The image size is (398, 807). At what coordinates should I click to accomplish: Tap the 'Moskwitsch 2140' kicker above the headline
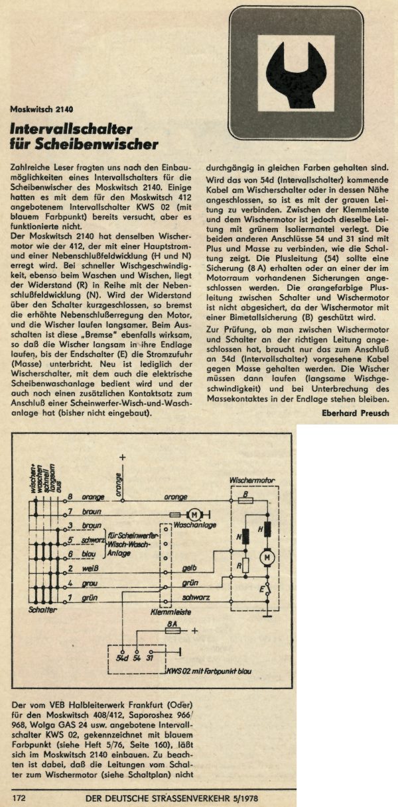(x=42, y=109)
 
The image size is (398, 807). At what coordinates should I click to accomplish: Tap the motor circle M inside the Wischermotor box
(x=268, y=559)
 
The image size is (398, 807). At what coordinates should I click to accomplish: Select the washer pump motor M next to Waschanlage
(x=195, y=514)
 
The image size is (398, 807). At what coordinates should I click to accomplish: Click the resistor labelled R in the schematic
(x=245, y=566)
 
